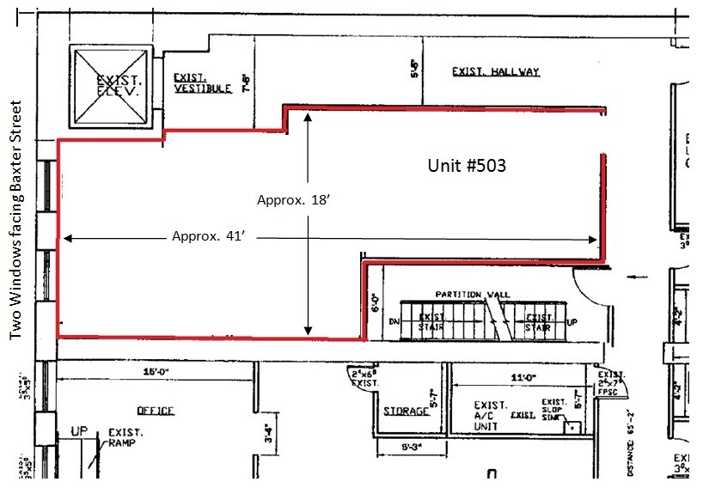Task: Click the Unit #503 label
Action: point(466,166)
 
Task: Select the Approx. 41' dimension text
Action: point(209,235)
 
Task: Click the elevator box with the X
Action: point(109,86)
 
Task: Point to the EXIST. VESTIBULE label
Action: point(202,82)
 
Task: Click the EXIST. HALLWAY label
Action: point(496,71)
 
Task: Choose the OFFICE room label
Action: point(155,411)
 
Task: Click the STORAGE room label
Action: point(406,412)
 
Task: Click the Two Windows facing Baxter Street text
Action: point(15,221)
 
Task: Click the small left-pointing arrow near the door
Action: point(636,277)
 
